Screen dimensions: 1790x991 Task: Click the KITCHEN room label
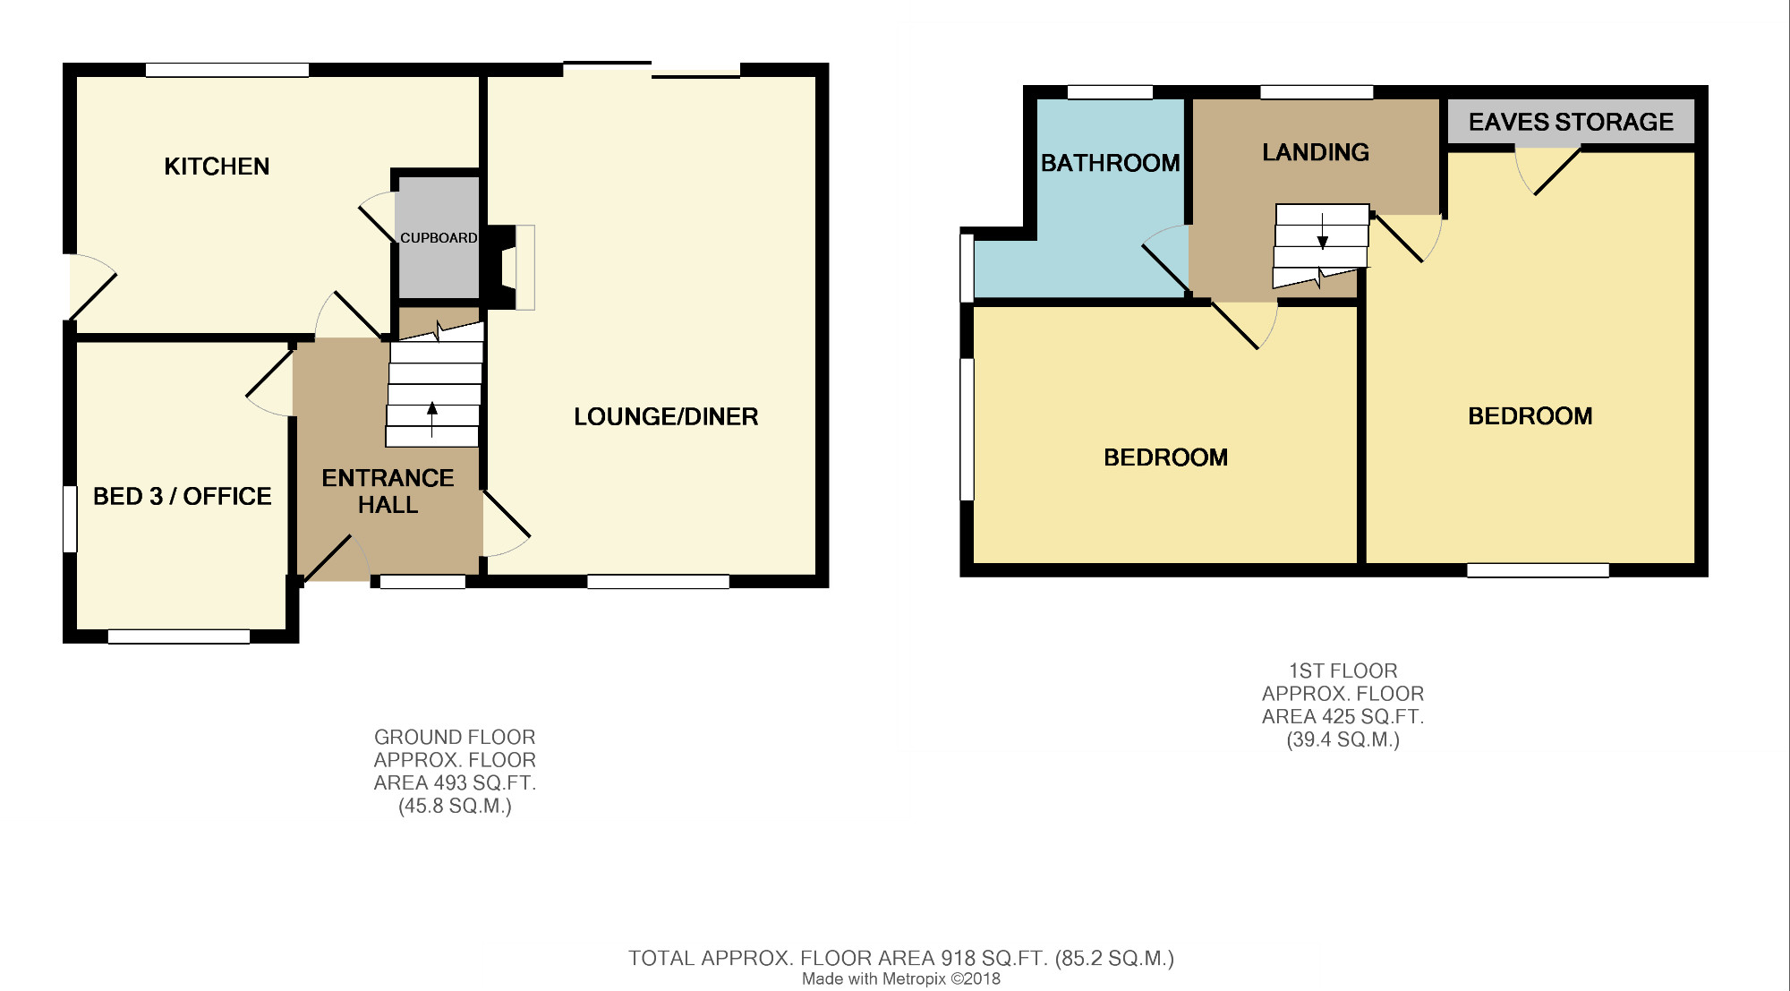(217, 167)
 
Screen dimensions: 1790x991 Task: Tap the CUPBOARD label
(439, 238)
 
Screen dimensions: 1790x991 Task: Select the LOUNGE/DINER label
(666, 416)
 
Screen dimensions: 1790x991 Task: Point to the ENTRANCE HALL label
(388, 491)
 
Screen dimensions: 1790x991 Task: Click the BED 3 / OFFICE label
(182, 496)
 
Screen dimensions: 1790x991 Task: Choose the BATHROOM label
(1110, 163)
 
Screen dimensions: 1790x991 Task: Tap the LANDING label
(1316, 152)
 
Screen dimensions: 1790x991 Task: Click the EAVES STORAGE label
(1571, 122)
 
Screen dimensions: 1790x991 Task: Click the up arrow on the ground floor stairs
(432, 420)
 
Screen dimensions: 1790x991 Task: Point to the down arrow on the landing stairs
(1322, 231)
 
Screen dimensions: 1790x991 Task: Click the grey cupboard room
(439, 237)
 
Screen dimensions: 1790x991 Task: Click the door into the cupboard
(377, 224)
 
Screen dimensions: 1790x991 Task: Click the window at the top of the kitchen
(227, 70)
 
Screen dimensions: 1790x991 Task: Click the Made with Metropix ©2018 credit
(901, 979)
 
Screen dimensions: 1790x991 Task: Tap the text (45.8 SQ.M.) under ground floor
(455, 806)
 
